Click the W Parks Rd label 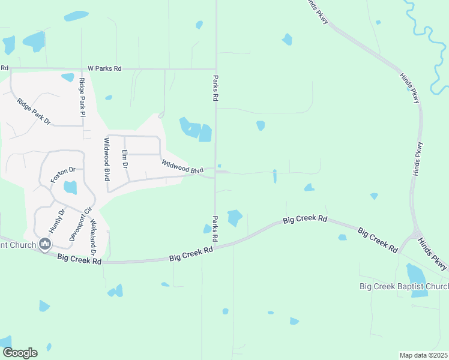(x=104, y=69)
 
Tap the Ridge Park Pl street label (x=82, y=96)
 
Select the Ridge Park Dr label (x=34, y=112)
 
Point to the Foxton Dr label (x=62, y=175)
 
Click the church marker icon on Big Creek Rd (x=44, y=244)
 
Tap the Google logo (x=19, y=353)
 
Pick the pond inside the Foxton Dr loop (x=70, y=187)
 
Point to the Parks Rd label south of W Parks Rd (x=215, y=88)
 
